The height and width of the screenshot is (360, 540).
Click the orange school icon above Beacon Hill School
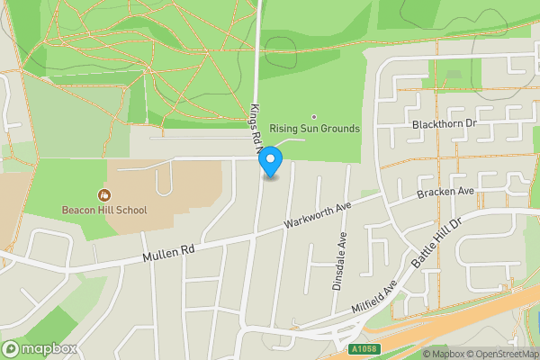pos(103,194)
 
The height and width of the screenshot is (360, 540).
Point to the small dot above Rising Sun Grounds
pos(314,117)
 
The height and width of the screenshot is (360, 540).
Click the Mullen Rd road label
pos(168,252)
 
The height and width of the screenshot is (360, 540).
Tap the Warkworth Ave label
pos(317,214)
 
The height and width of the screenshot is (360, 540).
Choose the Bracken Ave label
pos(445,193)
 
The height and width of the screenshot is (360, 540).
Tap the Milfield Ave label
pos(375,296)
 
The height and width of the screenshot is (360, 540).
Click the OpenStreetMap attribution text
pos(499,353)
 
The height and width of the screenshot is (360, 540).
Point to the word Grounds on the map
pos(337,129)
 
